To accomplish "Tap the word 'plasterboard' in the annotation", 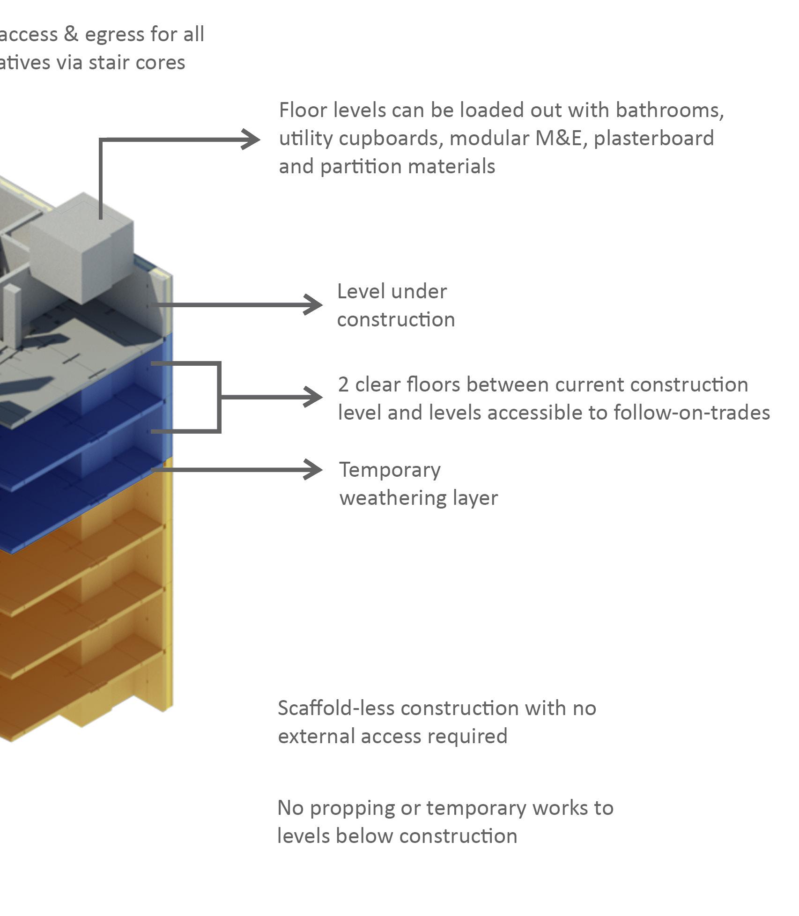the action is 654,139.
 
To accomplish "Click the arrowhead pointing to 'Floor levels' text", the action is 251,139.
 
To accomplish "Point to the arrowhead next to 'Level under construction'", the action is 313,305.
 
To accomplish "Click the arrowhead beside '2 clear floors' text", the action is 313,397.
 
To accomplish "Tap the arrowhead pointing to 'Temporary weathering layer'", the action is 313,469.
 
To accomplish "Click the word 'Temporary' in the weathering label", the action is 390,470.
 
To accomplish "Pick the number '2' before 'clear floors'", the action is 343,385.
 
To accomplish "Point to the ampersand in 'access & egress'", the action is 71,35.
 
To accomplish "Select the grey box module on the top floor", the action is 82,248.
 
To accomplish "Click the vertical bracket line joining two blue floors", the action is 219,397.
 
